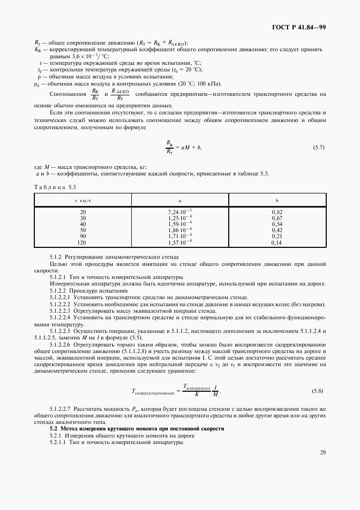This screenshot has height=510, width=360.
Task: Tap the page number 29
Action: (x=322, y=452)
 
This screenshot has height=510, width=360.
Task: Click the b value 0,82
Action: (x=277, y=211)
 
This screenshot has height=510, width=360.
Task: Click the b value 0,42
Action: (x=277, y=229)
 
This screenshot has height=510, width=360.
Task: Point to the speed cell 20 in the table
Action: (x=83, y=211)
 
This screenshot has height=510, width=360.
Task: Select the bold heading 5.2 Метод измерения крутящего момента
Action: (x=137, y=429)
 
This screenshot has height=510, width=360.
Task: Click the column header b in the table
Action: (x=277, y=201)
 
